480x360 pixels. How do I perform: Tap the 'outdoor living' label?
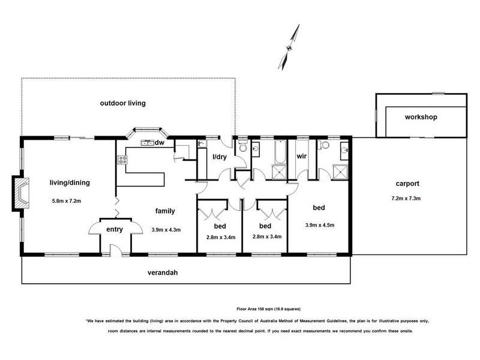coord(123,103)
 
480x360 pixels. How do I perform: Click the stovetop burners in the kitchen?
coord(123,160)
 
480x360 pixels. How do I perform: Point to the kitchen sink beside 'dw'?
coord(147,143)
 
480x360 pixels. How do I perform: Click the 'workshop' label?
coord(421,117)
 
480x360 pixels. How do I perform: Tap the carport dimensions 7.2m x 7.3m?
coord(406,199)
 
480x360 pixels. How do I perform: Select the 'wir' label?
coord(302,156)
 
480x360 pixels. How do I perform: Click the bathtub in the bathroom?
coord(280,152)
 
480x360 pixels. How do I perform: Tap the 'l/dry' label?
coord(220,157)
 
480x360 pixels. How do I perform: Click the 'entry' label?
coord(115,230)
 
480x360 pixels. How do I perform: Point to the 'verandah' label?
coord(163,273)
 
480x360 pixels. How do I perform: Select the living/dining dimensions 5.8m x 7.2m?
coord(67,201)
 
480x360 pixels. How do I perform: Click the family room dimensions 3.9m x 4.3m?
coord(166,230)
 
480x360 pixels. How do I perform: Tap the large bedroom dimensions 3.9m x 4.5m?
coord(320,225)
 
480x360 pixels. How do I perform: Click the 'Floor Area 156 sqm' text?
coord(256,309)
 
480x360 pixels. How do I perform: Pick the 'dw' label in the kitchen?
coord(160,143)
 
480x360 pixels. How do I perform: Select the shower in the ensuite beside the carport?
coord(340,172)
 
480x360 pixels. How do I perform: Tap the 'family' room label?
coord(165,211)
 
